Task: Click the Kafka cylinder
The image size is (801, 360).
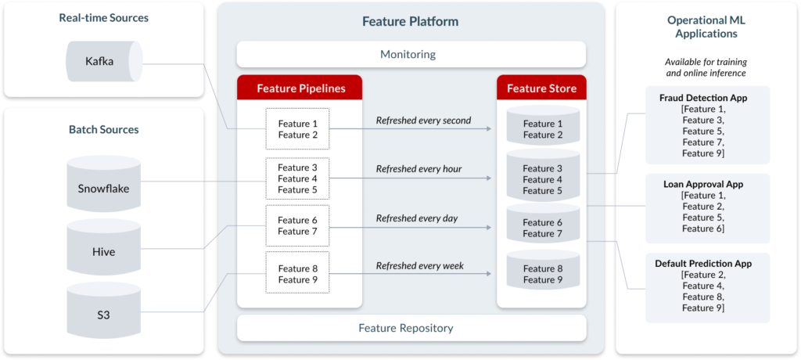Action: pyautogui.click(x=104, y=61)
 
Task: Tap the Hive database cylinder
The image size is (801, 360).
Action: pyautogui.click(x=104, y=247)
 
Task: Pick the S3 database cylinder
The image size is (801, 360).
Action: pyautogui.click(x=104, y=311)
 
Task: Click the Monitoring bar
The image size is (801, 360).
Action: pyautogui.click(x=411, y=54)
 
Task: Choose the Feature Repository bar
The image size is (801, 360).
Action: pyautogui.click(x=411, y=328)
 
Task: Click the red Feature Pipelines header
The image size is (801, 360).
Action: pyautogui.click(x=300, y=88)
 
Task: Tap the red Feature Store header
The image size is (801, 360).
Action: pyautogui.click(x=541, y=88)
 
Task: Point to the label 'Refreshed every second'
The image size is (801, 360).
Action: pyautogui.click(x=423, y=121)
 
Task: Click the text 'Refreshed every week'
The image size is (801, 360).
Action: pyautogui.click(x=420, y=265)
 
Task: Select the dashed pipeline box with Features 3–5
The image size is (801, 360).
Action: pyautogui.click(x=298, y=178)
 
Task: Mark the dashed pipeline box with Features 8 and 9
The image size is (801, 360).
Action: pyautogui.click(x=298, y=272)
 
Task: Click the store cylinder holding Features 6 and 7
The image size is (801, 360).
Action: pyautogui.click(x=543, y=223)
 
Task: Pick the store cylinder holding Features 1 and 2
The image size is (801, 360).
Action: pyautogui.click(x=543, y=124)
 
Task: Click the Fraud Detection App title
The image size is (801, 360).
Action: pyautogui.click(x=703, y=98)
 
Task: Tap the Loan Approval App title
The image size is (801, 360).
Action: pyautogui.click(x=703, y=185)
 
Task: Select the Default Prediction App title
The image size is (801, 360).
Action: pyautogui.click(x=703, y=264)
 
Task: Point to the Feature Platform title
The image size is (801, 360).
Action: pyautogui.click(x=410, y=21)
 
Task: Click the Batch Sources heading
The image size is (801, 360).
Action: pyautogui.click(x=104, y=129)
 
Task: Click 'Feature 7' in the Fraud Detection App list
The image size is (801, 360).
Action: pyautogui.click(x=703, y=142)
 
